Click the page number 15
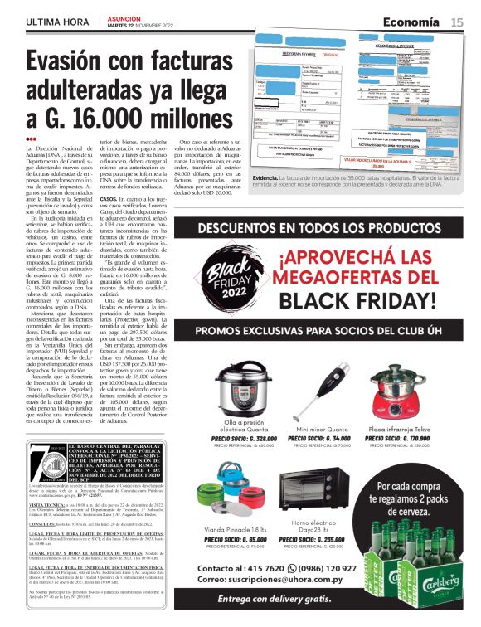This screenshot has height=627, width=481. [x=457, y=23]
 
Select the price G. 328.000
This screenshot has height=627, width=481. [x=243, y=438]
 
